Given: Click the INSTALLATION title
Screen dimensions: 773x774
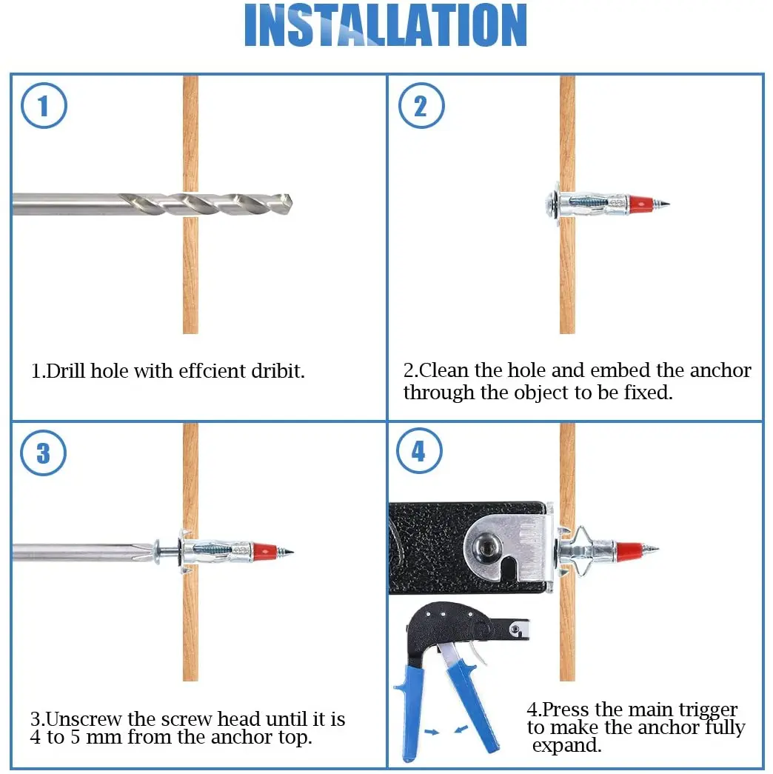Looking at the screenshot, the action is coord(386,25).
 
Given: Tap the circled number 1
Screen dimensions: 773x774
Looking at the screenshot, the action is coord(44,106).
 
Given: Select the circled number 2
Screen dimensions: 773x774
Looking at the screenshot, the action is coord(421,106).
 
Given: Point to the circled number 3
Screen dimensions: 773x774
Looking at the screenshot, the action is coord(44,453).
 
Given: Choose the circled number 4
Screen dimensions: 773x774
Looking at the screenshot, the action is coord(419,450).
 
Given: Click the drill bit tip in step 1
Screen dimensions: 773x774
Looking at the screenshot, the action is coord(291,202).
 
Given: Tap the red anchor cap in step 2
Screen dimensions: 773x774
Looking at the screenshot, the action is coord(641,203).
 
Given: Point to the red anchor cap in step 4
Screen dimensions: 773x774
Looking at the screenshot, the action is coord(630,548).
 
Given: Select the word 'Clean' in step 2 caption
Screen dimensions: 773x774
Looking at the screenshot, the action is coord(443,370).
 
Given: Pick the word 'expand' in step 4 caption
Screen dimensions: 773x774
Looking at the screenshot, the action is coord(566,746).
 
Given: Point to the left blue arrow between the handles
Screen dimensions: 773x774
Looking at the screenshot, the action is coord(432,732).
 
